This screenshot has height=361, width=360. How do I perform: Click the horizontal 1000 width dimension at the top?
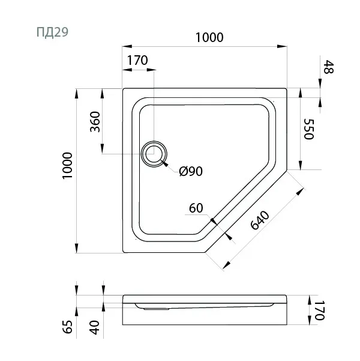(209, 37)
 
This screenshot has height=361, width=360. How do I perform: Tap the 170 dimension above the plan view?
(137, 60)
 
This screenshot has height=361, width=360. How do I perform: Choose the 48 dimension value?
(328, 67)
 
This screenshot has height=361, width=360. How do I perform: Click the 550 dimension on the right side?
(310, 129)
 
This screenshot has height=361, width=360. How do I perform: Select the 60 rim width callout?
(196, 208)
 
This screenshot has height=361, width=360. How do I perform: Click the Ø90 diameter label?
(191, 172)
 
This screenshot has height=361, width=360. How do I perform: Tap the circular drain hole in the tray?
(154, 154)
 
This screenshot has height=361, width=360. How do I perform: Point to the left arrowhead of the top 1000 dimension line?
(127, 45)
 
